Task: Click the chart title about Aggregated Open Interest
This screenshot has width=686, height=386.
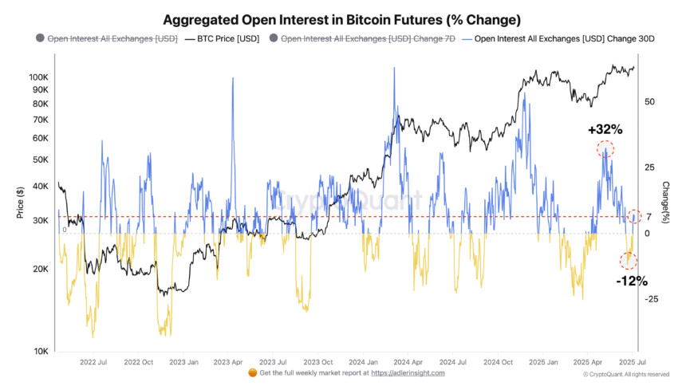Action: (x=342, y=19)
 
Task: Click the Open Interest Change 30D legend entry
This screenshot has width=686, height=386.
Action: (x=563, y=37)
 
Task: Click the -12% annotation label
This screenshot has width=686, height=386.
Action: (x=631, y=281)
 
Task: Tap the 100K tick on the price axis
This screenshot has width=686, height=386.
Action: (x=38, y=77)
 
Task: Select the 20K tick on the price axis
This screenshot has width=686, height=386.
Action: (x=41, y=270)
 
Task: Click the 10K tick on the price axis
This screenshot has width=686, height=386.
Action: (x=41, y=352)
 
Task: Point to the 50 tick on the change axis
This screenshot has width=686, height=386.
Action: (x=649, y=102)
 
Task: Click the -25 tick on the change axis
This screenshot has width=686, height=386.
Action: (x=651, y=299)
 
